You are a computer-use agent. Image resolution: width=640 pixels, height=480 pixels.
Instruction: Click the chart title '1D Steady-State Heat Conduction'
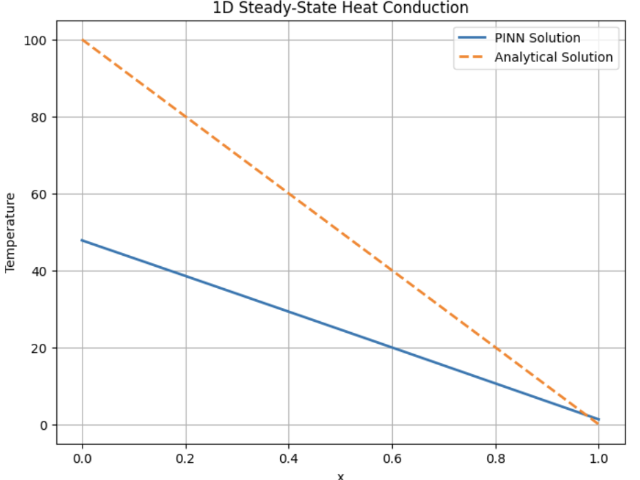point(341,8)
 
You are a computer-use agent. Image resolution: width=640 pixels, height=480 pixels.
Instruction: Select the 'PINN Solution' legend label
point(537,38)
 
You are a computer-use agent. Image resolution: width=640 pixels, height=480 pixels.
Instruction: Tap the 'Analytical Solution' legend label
point(553,57)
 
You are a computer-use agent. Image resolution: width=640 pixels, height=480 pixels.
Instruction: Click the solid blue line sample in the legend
point(473,38)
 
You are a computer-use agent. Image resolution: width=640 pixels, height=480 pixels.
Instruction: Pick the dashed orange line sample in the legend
point(473,57)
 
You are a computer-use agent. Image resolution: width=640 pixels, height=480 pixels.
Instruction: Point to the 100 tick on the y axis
point(38,41)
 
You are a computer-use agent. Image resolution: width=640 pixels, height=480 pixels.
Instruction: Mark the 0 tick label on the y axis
point(44,426)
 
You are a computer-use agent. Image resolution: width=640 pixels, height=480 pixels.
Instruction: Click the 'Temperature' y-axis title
point(10,232)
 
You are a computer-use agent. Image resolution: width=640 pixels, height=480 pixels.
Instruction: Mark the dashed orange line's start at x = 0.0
point(83,40)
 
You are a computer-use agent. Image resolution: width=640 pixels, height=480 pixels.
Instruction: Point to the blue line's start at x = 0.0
point(83,240)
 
